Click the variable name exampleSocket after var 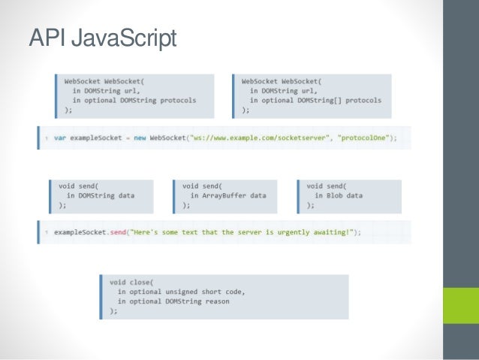[x=92, y=138]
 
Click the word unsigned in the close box [x=184, y=291]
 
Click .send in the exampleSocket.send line [x=121, y=232]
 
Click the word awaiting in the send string [x=328, y=232]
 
